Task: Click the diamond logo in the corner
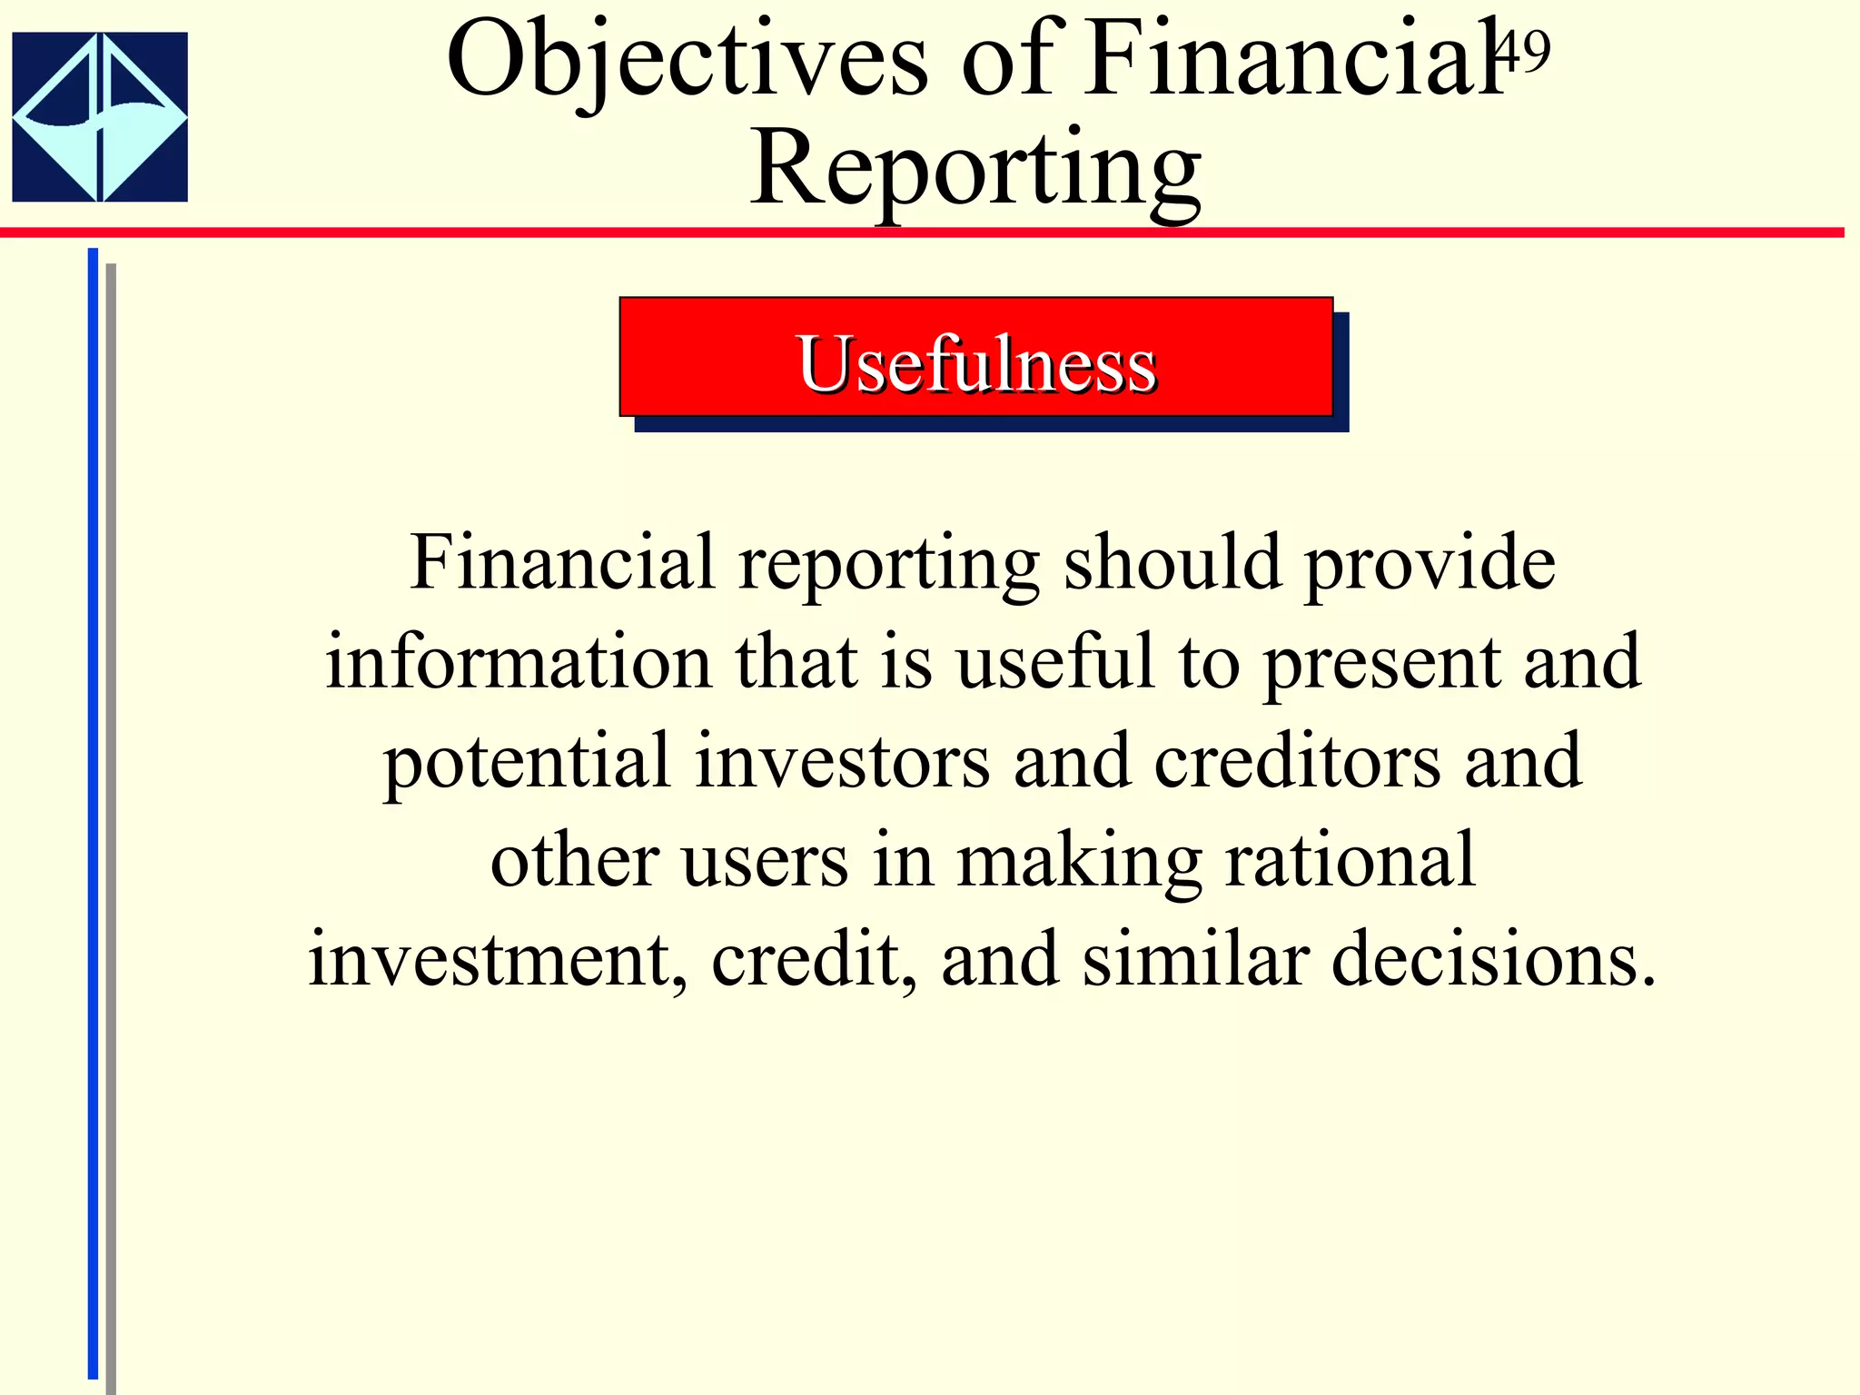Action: (100, 116)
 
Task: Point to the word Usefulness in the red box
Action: (976, 364)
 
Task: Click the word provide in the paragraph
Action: (1430, 563)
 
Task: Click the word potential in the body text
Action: (527, 761)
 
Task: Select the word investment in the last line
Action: (497, 961)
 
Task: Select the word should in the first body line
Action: (1172, 563)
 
